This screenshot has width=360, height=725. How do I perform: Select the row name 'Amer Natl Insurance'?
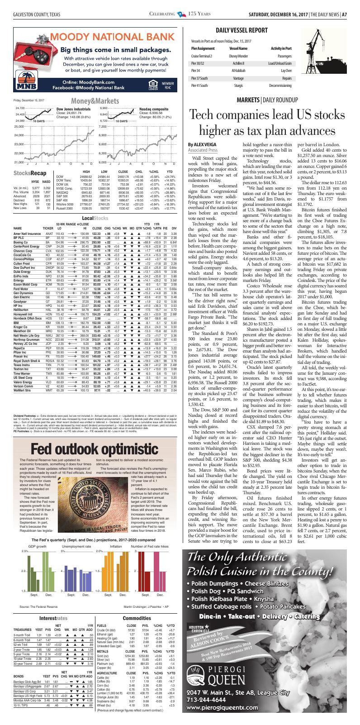coord(28,233)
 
